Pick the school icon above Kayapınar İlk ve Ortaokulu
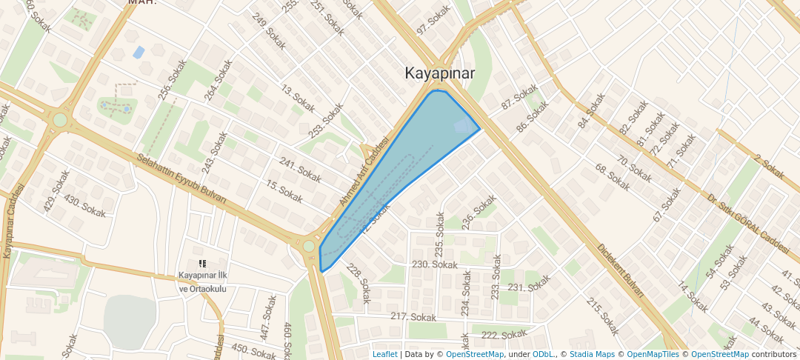point(202,263)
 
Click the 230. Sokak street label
point(436,264)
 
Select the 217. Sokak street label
point(413,317)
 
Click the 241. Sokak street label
point(300,170)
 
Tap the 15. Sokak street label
point(284,193)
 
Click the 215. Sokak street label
point(602,316)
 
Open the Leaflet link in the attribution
point(384,354)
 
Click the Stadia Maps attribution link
point(592,354)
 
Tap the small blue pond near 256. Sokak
point(139,53)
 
